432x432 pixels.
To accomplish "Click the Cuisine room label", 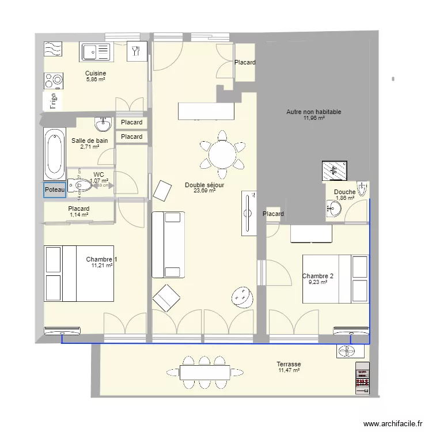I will (x=96, y=73).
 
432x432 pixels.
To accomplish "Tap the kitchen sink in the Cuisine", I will (x=95, y=52).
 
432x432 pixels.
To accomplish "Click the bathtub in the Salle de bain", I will (x=54, y=154).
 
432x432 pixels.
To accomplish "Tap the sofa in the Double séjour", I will (x=168, y=244).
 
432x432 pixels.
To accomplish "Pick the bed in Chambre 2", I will (x=336, y=279).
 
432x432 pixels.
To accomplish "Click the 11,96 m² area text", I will (x=314, y=119).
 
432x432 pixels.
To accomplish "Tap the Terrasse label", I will (x=289, y=364).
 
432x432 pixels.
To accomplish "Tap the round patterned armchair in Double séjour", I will (x=242, y=296).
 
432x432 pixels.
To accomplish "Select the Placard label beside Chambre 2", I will (x=273, y=214).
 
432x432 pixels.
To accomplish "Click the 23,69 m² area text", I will (x=204, y=191).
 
